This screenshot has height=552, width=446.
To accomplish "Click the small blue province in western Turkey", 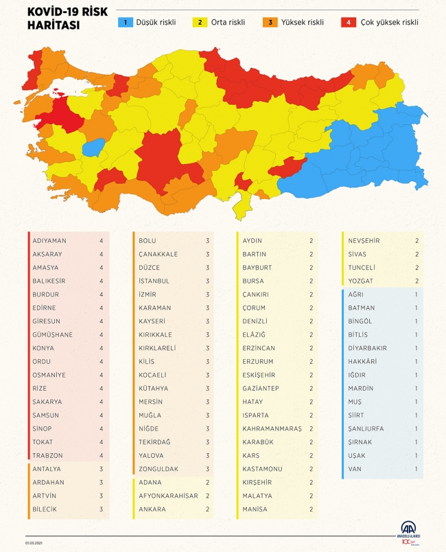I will (x=93, y=147).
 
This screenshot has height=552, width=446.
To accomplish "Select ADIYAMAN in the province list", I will (x=49, y=241).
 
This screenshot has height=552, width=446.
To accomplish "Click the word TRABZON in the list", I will (x=48, y=455).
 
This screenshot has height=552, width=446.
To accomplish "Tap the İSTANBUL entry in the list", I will (x=154, y=281).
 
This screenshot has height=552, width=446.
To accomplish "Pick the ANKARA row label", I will (x=152, y=509).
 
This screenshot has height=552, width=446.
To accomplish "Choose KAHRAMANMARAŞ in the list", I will (x=272, y=428).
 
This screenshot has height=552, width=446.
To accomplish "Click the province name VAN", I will (x=355, y=469).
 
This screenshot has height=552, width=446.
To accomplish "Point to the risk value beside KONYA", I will (x=101, y=348).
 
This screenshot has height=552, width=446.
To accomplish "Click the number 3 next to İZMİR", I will (x=207, y=295).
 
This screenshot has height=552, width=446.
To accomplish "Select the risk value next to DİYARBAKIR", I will (x=416, y=348).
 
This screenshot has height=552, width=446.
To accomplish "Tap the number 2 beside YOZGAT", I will (x=416, y=281).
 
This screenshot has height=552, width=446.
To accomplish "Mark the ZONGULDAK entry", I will (x=159, y=469).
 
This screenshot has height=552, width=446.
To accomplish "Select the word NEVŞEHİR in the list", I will (x=364, y=241).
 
